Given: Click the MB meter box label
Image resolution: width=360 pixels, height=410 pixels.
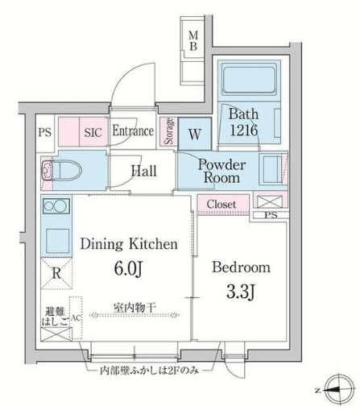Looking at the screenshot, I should pyautogui.click(x=193, y=39).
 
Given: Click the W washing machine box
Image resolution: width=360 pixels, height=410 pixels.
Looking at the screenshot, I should pyautogui.click(x=195, y=133).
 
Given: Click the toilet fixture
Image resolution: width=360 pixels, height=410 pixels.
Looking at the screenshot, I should pyautogui.click(x=59, y=170).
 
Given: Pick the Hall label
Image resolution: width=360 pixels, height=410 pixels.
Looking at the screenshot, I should pyautogui.click(x=144, y=171).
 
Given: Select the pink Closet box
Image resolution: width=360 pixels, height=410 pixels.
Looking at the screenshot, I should pyautogui.click(x=221, y=205).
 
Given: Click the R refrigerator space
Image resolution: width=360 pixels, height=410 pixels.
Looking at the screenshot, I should pyautogui.click(x=54, y=271).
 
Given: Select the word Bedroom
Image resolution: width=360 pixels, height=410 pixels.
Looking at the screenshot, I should pyautogui.click(x=242, y=267).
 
